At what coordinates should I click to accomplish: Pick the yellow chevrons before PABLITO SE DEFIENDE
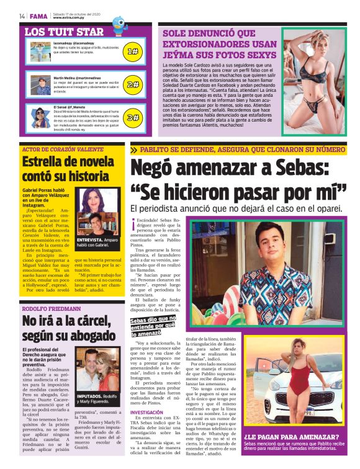135,150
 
